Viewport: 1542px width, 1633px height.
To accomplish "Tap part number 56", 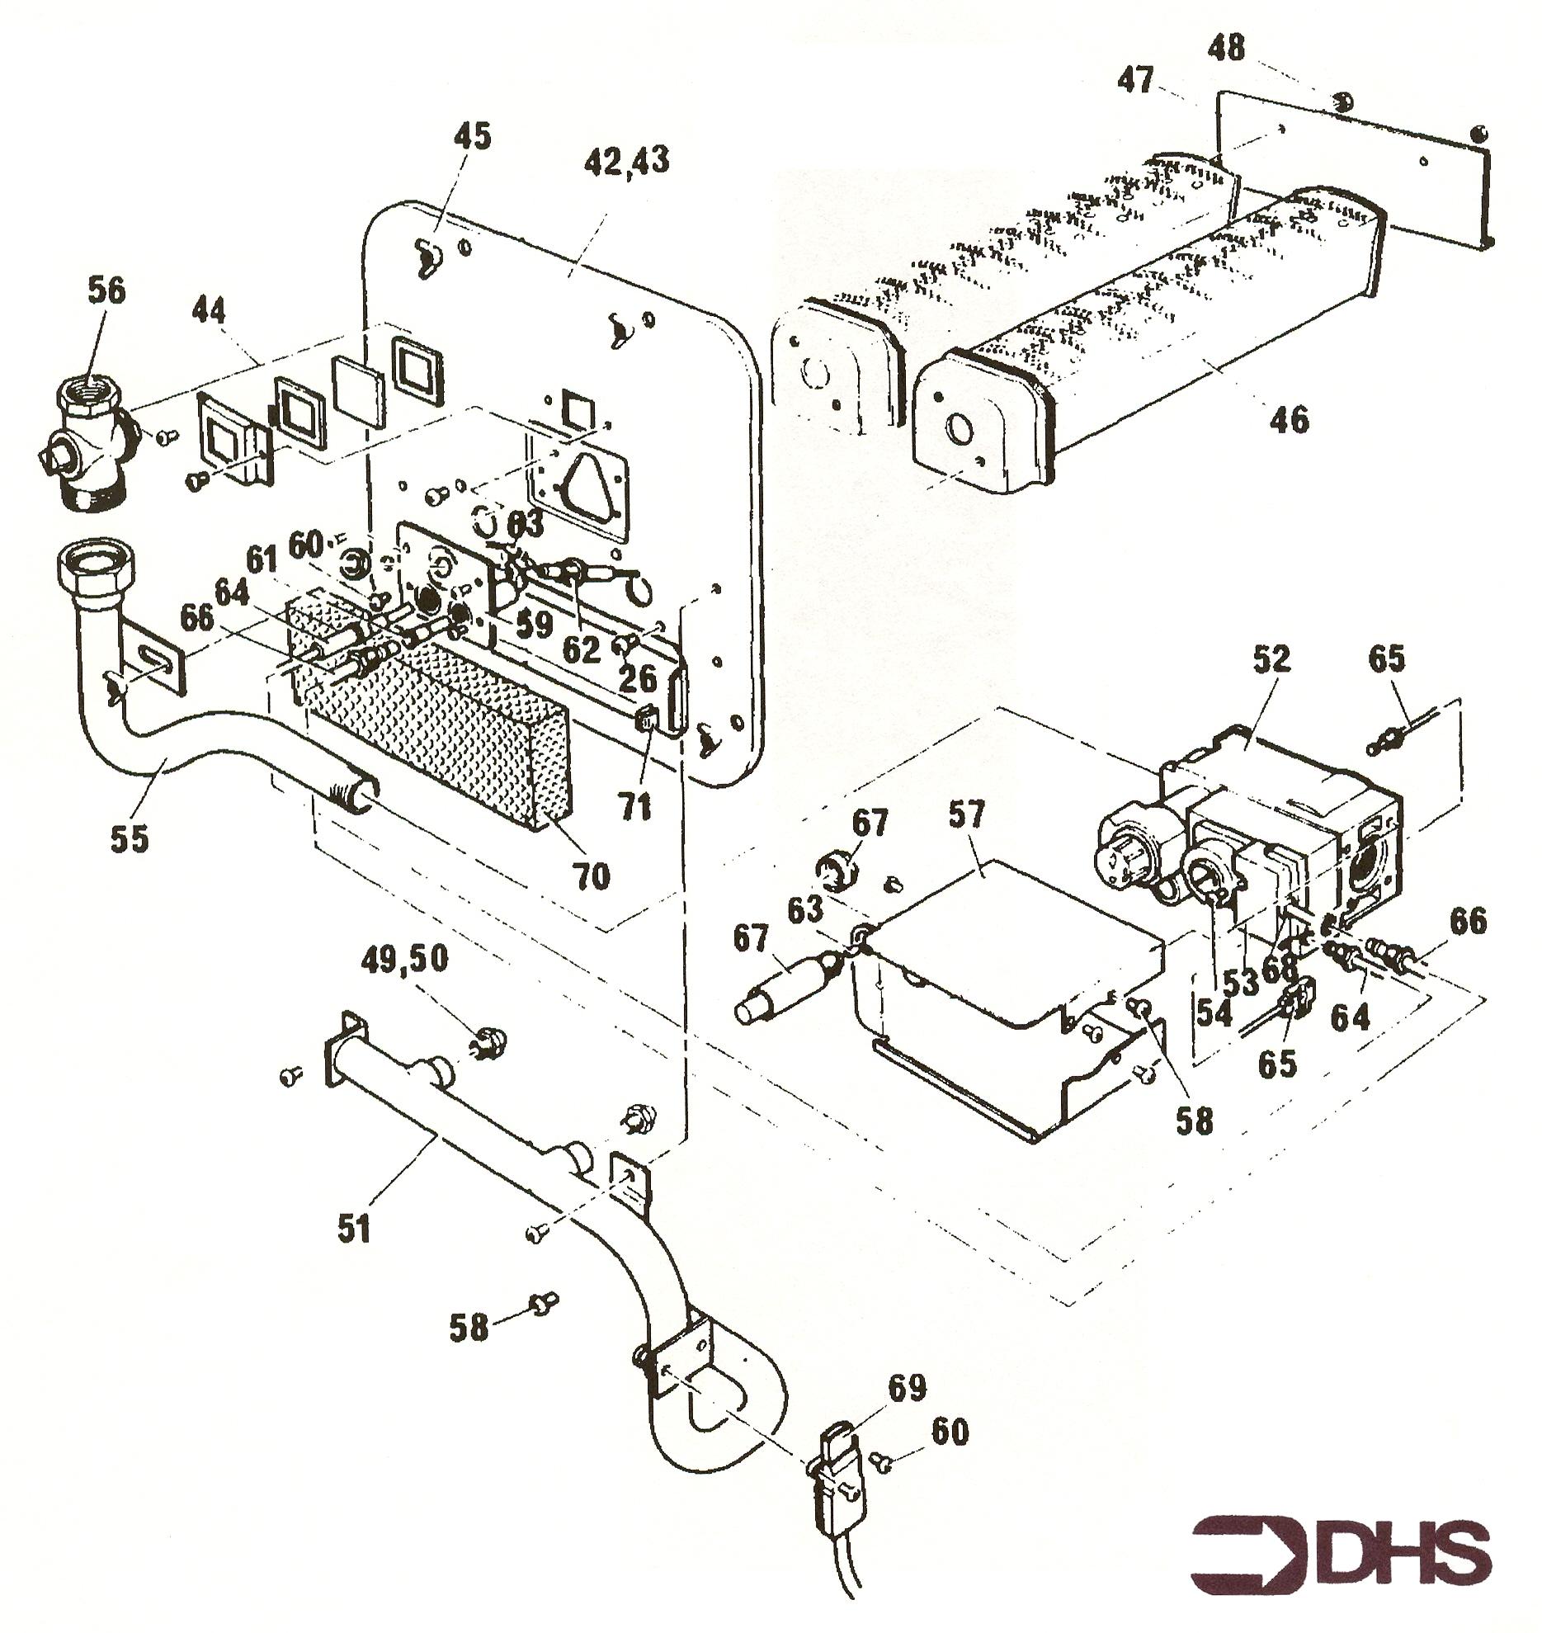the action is [106, 291].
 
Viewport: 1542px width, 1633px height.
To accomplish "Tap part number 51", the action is [354, 1227].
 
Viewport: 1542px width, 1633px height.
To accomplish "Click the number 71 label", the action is [636, 807].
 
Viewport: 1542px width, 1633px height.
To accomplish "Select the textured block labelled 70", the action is [429, 710].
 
